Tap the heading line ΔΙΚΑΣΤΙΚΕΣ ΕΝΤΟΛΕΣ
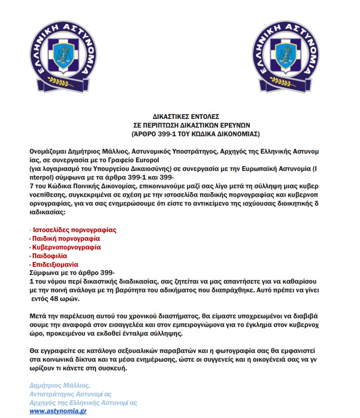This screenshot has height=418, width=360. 186,116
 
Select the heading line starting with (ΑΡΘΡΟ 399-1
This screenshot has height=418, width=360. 195,132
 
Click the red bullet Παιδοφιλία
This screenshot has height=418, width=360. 50,256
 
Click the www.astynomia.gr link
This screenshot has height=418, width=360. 58,412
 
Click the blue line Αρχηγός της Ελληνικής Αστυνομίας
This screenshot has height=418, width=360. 83,403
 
